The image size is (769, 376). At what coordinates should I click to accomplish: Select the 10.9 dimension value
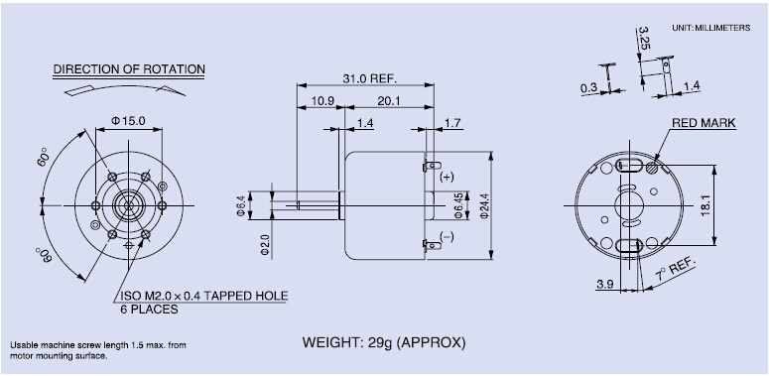pos(322,101)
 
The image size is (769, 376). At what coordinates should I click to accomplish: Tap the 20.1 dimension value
pos(389,101)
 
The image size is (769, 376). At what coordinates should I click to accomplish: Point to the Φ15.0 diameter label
pos(128,121)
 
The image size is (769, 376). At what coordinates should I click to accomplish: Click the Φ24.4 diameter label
pos(486,206)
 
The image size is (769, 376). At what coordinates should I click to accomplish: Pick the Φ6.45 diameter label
pos(458,206)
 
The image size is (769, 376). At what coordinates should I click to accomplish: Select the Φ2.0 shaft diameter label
pos(265,245)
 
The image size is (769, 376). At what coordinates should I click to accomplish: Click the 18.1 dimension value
pos(706,206)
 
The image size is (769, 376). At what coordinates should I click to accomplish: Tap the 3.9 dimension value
pos(605,284)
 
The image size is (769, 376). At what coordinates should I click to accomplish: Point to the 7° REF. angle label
pos(676,271)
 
